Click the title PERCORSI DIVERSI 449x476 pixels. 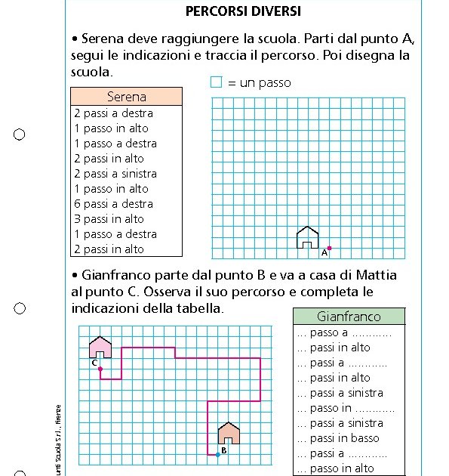click(x=243, y=11)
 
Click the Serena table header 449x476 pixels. click(x=126, y=97)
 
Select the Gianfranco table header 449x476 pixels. click(x=349, y=317)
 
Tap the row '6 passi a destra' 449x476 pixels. click(x=113, y=204)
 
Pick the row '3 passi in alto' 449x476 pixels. click(x=109, y=219)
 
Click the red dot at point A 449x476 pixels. click(x=329, y=248)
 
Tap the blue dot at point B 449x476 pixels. click(x=218, y=454)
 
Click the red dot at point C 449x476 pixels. click(x=100, y=368)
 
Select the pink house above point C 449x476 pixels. click(x=100, y=348)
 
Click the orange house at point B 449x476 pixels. click(x=229, y=434)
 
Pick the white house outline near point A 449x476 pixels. click(x=307, y=237)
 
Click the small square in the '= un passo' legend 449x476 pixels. click(x=217, y=82)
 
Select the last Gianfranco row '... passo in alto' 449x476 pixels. click(x=335, y=468)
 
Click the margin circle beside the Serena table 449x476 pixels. click(x=20, y=134)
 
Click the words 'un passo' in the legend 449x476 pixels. click(x=265, y=83)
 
